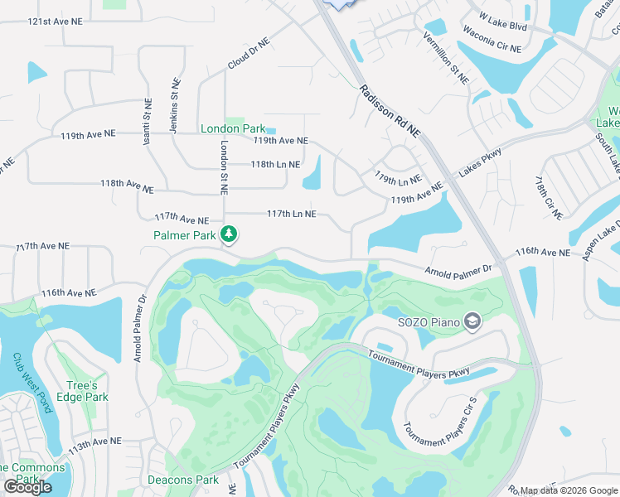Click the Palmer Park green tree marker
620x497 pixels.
[x=230, y=236]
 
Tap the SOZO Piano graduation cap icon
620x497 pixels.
[x=472, y=321]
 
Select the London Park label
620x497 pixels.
[x=233, y=128]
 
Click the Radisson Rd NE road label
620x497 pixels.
[x=390, y=111]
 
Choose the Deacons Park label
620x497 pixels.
[x=182, y=480]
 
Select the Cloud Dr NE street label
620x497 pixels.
[x=249, y=53]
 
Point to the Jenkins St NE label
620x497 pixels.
[x=176, y=100]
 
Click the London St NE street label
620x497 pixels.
[x=223, y=167]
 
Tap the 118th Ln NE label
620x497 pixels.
[x=275, y=164]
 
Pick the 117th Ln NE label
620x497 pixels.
[x=291, y=213]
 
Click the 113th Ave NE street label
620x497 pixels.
[x=95, y=445]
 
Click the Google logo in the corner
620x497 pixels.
[x=27, y=487]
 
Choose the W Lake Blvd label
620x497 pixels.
[x=503, y=20]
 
